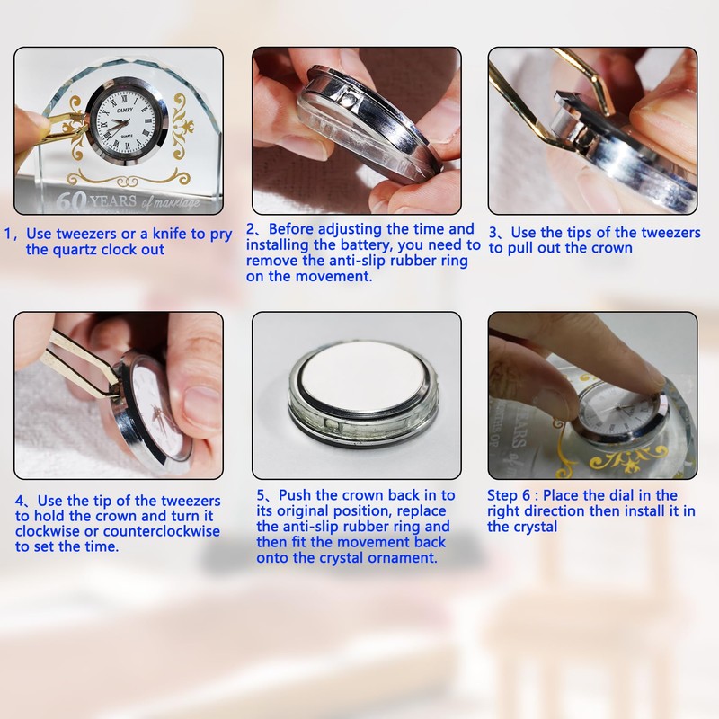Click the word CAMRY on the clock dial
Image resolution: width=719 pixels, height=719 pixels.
[125, 111]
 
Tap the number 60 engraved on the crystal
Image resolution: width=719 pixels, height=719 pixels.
[72, 200]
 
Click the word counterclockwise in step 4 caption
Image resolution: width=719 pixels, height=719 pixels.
[162, 531]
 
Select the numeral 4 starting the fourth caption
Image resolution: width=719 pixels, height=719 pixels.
[19, 501]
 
